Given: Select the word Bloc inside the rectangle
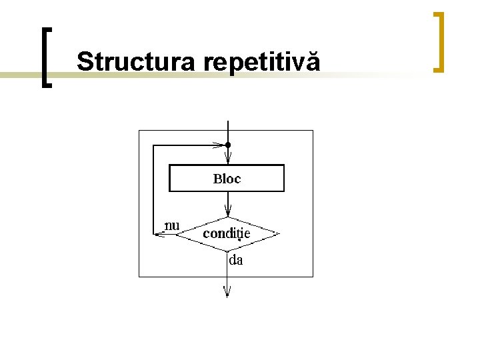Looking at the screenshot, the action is coord(227,179).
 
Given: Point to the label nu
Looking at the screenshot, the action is coord(172,225).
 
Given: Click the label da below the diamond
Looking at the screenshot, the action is coord(236,261).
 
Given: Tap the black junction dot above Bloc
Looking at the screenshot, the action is coord(228,145).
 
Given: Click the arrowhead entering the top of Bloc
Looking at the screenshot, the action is coord(228,159).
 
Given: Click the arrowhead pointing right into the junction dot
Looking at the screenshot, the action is coord(217,145).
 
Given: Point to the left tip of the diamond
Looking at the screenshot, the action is coord(181,234).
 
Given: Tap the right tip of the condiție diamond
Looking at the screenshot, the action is coord(277,234).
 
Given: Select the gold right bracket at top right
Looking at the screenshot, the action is coord(438,41).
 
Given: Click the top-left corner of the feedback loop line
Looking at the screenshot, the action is coord(153,145).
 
